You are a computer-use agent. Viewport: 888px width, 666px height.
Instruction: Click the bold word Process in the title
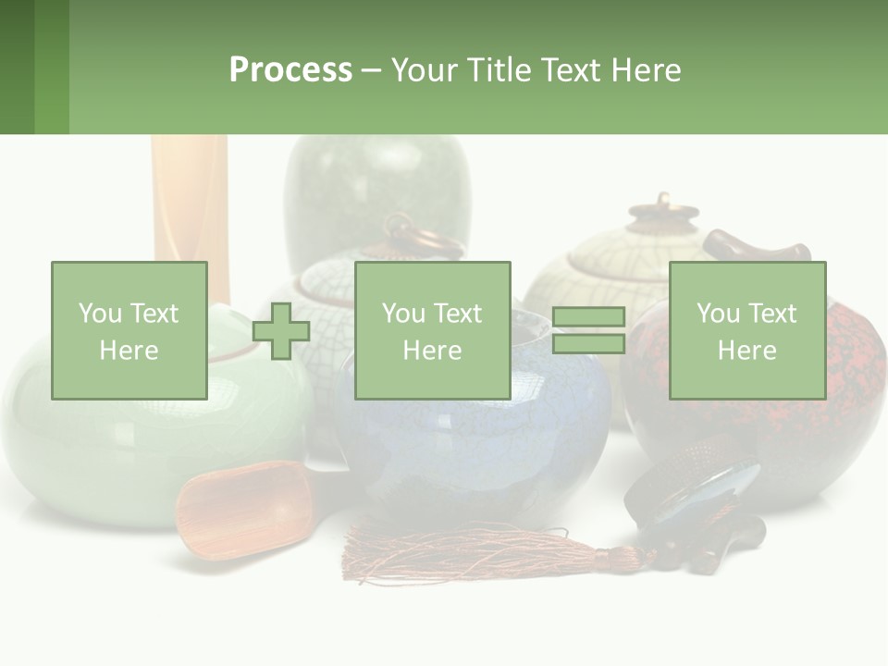coord(290,70)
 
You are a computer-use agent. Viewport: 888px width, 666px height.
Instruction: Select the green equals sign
coord(588,330)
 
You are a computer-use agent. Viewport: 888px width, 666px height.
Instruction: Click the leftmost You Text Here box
coord(129,330)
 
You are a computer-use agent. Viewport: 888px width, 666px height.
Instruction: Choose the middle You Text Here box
coord(432,330)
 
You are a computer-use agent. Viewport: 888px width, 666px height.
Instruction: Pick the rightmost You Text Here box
coord(746,330)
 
